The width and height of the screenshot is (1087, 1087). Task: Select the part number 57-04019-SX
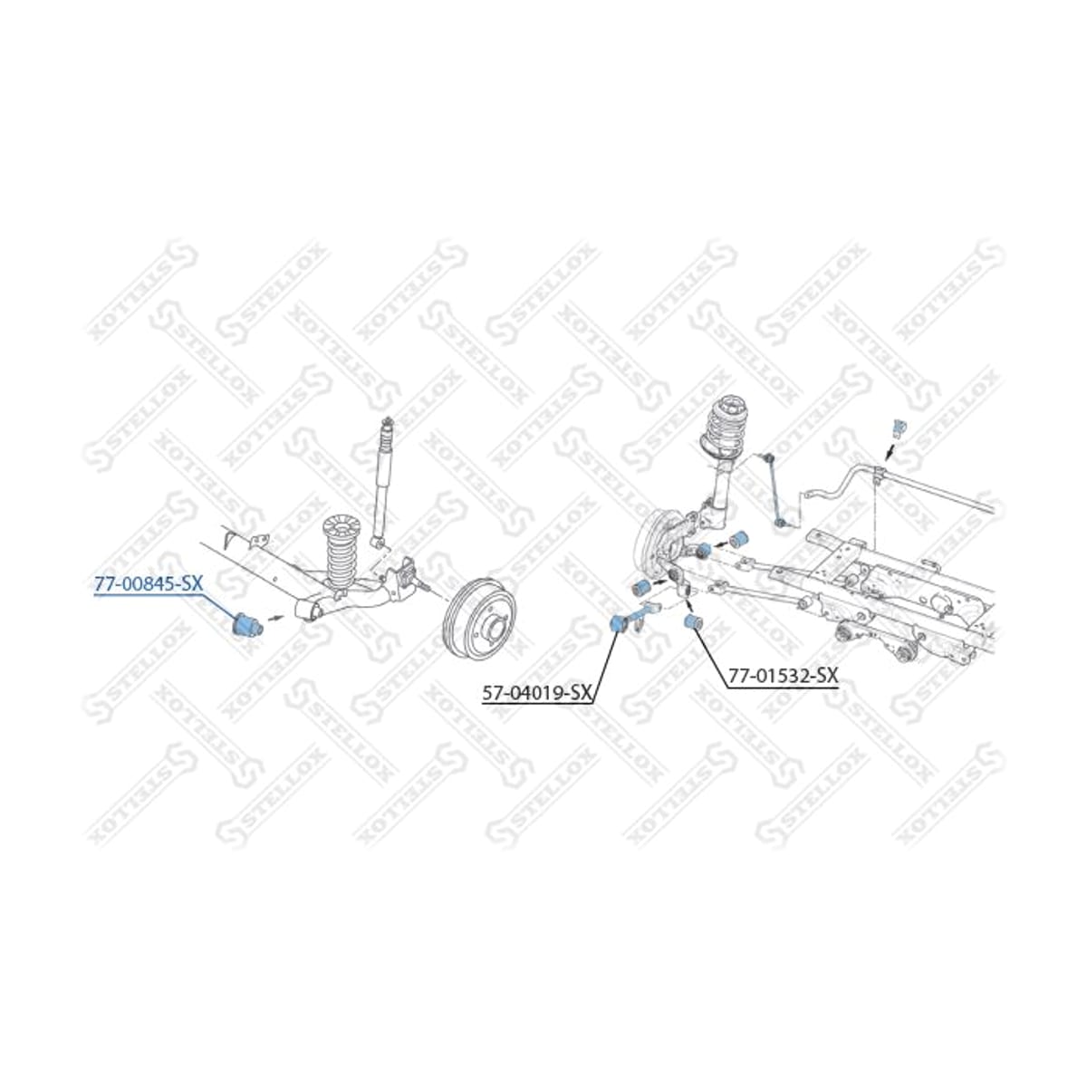536,694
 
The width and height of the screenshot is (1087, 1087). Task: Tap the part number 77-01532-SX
783,676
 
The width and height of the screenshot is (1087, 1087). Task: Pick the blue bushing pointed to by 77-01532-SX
692,622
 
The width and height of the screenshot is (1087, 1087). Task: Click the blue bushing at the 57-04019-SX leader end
619,624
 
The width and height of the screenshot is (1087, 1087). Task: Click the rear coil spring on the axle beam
339,545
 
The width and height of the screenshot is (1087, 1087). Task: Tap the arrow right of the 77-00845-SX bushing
274,617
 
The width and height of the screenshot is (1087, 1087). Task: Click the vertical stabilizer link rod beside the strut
773,488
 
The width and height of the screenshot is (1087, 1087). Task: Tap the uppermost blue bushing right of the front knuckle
738,538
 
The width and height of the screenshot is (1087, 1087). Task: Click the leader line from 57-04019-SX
605,667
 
